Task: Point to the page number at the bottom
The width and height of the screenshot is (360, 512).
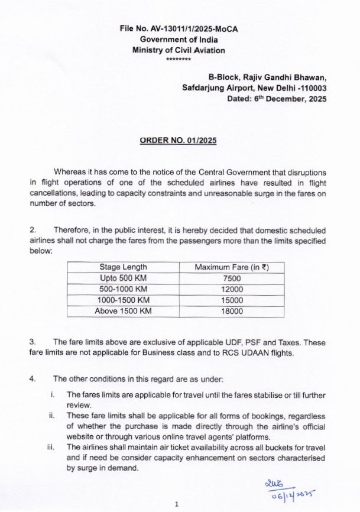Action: tap(177, 503)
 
